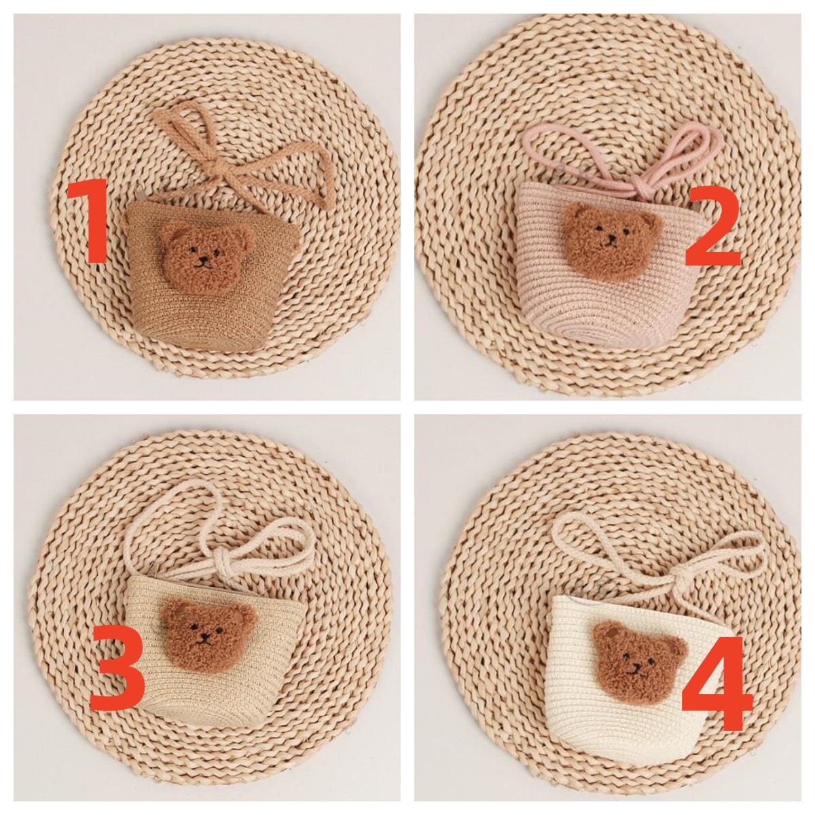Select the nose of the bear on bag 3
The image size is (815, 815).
pyautogui.click(x=206, y=635)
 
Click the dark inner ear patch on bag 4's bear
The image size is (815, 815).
pyautogui.click(x=609, y=634)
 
